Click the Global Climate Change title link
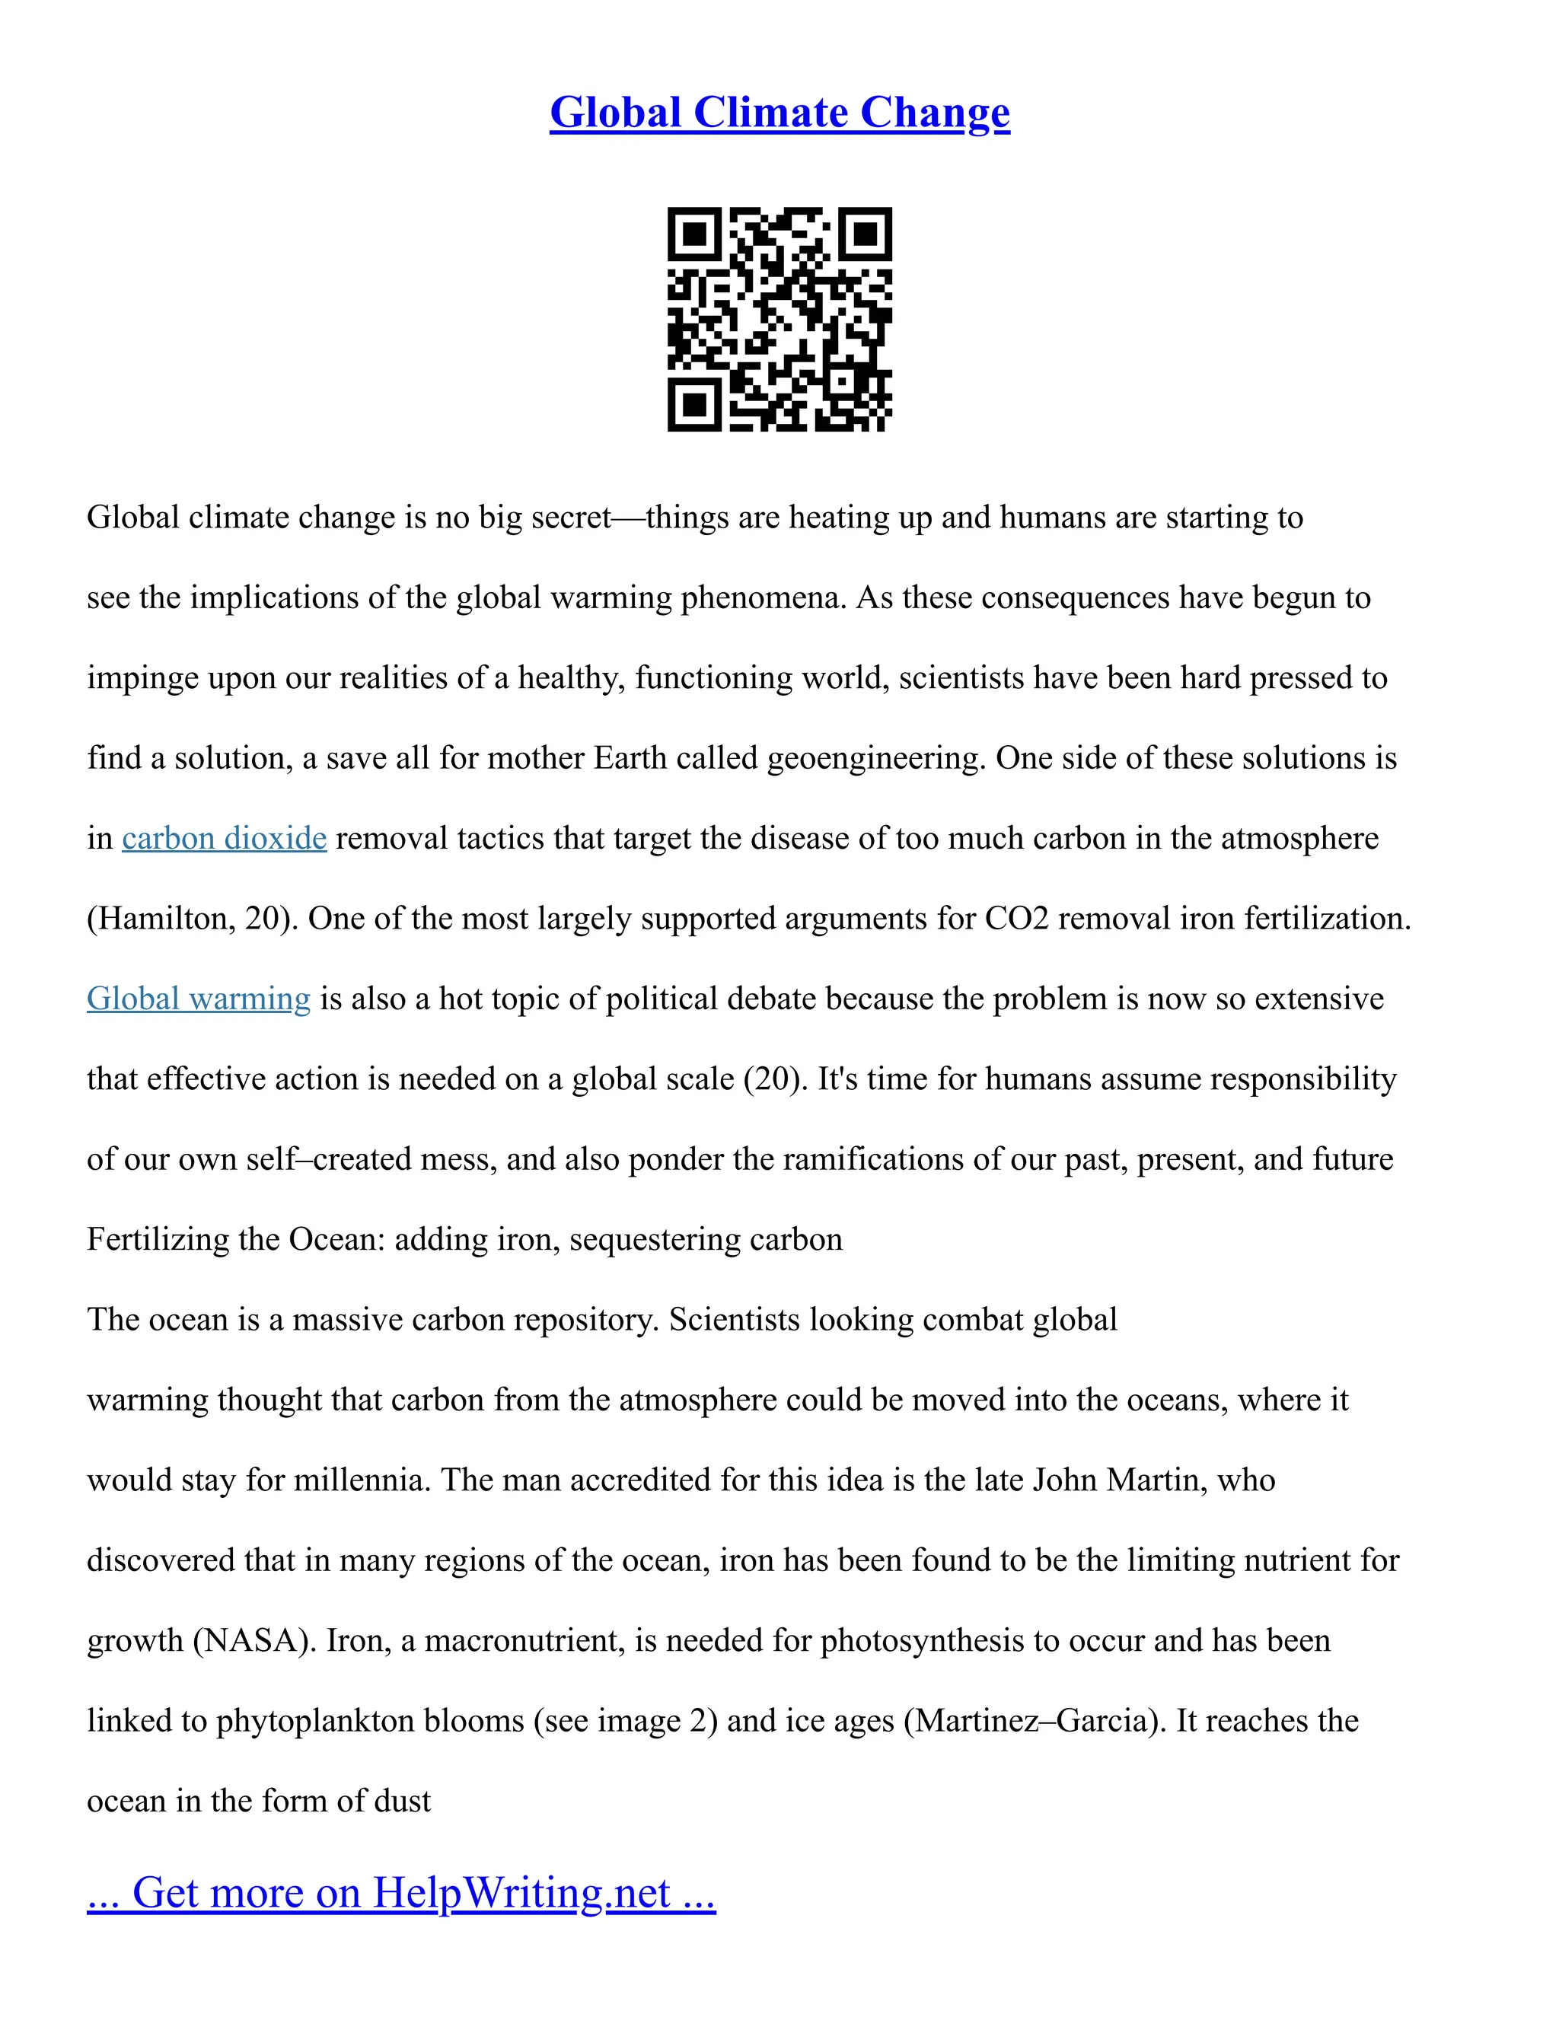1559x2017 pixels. pyautogui.click(x=779, y=113)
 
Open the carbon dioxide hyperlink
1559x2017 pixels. pyautogui.click(x=225, y=839)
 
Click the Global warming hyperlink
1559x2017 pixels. pyautogui.click(x=199, y=999)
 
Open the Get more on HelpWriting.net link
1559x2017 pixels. pyautogui.click(x=401, y=1893)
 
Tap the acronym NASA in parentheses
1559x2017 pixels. pyautogui.click(x=250, y=1641)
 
